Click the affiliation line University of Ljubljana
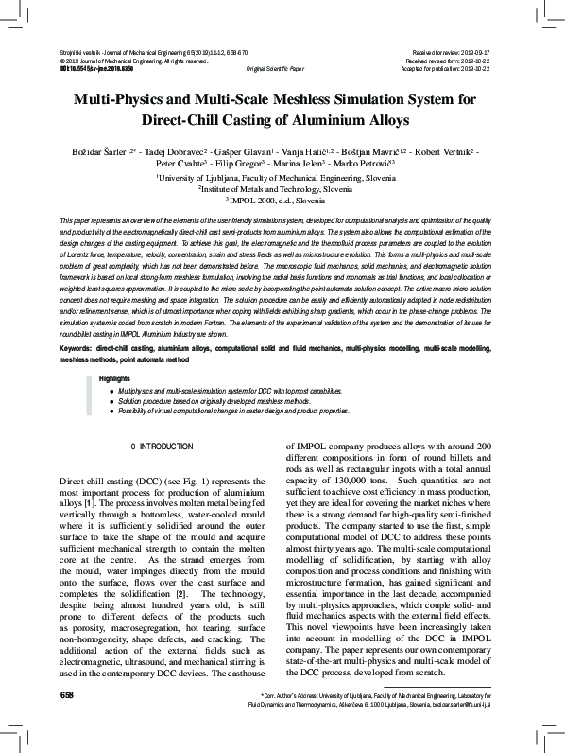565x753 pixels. (x=282, y=177)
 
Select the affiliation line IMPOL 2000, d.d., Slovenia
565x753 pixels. (x=282, y=201)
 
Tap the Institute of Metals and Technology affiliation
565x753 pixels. (x=282, y=189)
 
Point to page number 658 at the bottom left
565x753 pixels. (x=66, y=722)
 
